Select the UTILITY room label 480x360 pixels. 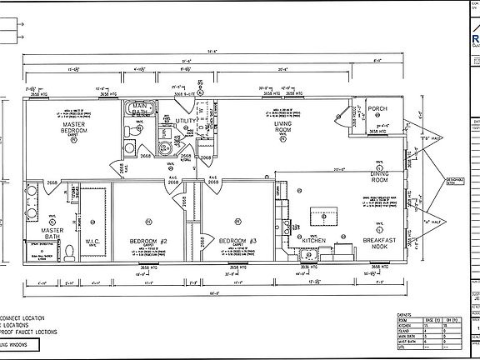(186, 122)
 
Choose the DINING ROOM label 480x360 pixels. (380, 177)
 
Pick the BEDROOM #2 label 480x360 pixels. (148, 242)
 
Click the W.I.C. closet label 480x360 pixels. (92, 243)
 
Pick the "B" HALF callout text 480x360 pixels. (434, 139)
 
